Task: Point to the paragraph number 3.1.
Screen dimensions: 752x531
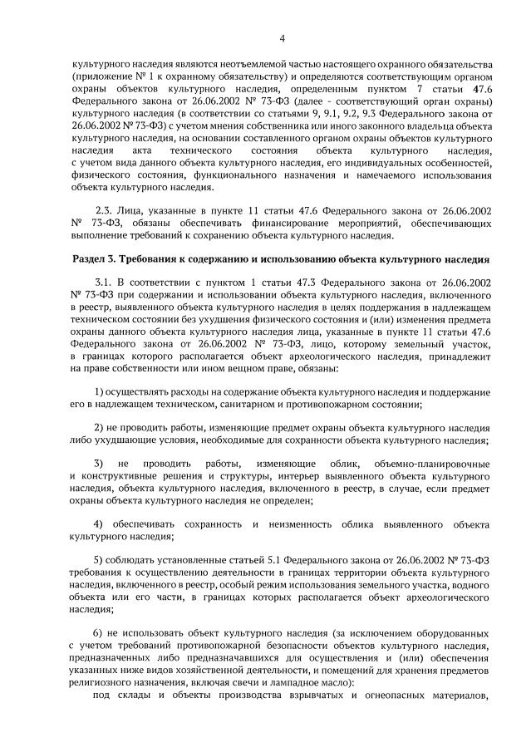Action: (105, 285)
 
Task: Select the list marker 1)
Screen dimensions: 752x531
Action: (99, 391)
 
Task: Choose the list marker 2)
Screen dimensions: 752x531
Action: (99, 428)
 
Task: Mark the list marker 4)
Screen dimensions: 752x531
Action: (99, 524)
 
